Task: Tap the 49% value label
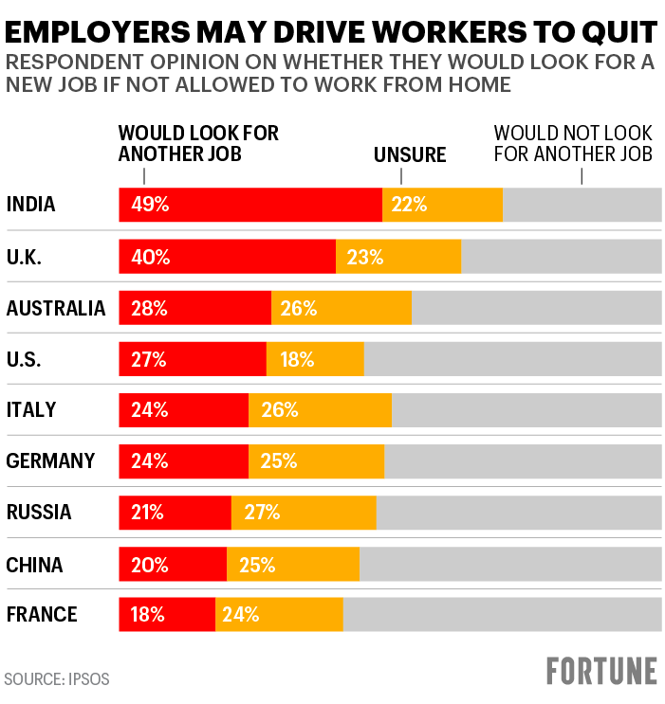150,205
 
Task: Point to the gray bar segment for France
501,614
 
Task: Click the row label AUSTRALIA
55,308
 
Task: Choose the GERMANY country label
50,461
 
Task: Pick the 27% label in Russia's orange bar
261,513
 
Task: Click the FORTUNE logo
601,670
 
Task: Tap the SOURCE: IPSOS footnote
56,678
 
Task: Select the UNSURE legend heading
410,154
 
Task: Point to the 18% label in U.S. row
297,359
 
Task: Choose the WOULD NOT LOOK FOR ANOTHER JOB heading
573,143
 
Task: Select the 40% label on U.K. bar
150,256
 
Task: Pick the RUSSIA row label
39,513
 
